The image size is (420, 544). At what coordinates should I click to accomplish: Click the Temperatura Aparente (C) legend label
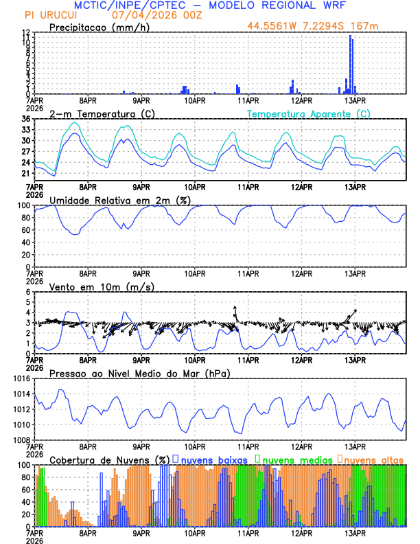click(308, 113)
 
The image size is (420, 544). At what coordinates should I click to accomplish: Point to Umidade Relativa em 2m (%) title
click(120, 200)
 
